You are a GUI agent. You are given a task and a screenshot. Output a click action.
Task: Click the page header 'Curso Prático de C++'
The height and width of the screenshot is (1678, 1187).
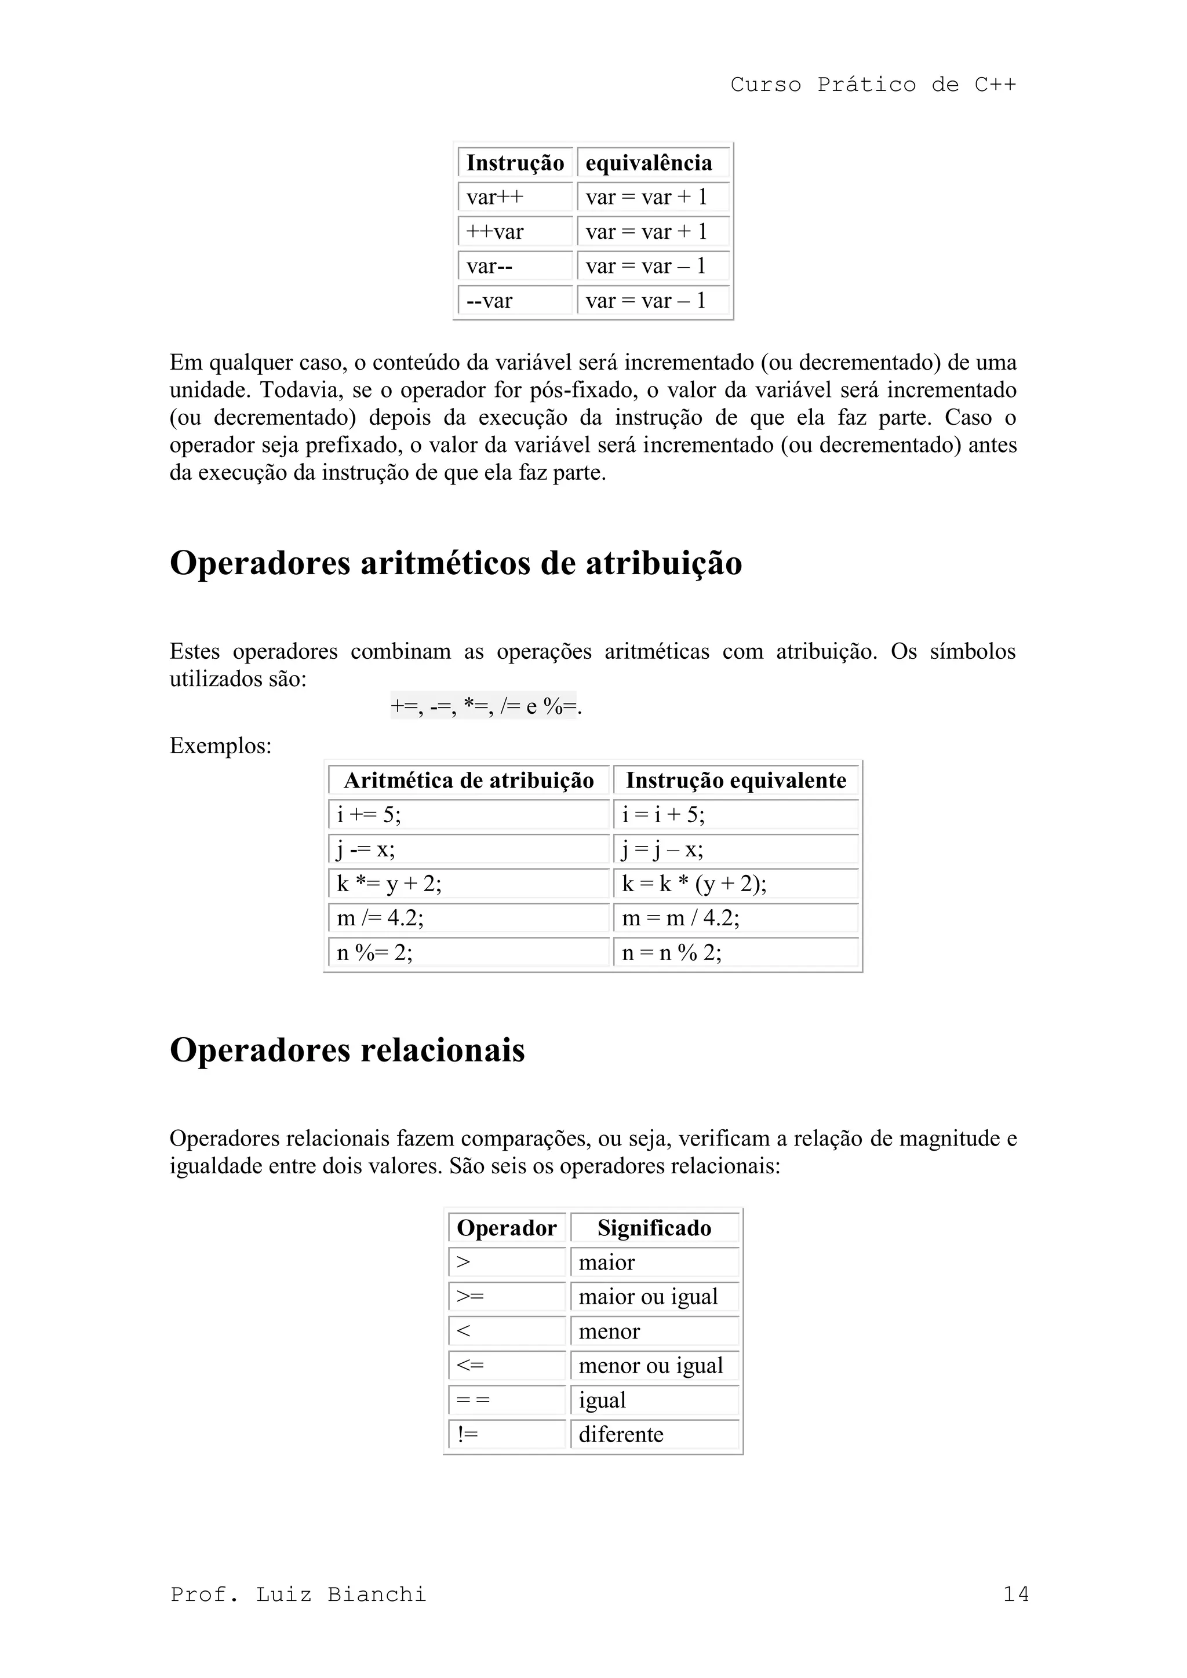(x=873, y=85)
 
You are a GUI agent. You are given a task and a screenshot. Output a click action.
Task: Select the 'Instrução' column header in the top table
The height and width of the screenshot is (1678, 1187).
(x=515, y=162)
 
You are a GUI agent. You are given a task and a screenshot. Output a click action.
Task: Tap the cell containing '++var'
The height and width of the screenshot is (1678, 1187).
(x=515, y=232)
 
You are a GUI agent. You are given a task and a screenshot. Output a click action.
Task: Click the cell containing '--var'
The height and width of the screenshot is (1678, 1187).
(x=515, y=300)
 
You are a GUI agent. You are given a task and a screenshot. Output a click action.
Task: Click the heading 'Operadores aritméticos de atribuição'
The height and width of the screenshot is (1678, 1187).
(x=456, y=563)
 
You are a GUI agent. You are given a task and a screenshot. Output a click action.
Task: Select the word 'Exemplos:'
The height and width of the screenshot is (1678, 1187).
(x=220, y=746)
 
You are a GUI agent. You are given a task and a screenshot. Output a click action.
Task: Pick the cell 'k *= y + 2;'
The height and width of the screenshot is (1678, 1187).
(x=468, y=884)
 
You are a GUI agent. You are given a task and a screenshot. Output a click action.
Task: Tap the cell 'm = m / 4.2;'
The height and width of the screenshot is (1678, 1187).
(x=735, y=918)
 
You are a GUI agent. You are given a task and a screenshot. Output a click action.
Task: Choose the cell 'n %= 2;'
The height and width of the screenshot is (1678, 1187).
(x=468, y=953)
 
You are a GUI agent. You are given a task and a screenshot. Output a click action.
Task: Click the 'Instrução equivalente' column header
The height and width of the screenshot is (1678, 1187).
(x=735, y=780)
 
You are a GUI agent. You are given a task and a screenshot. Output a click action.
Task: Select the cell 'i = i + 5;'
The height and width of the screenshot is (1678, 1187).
(x=735, y=815)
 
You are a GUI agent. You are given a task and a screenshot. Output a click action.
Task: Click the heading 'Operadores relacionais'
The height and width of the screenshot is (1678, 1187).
(x=347, y=1050)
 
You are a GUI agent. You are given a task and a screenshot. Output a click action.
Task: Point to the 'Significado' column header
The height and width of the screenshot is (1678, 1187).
(x=654, y=1228)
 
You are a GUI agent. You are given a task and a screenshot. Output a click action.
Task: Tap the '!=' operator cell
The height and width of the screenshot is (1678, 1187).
(x=507, y=1434)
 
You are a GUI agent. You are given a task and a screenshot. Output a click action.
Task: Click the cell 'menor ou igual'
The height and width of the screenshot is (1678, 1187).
(x=654, y=1365)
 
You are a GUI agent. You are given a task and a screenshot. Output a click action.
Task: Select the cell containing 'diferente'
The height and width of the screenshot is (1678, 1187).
(x=654, y=1434)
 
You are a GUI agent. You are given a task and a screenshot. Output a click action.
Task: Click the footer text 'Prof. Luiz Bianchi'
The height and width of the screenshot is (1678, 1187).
(x=298, y=1594)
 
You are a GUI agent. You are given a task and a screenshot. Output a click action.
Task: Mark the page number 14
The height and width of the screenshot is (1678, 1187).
(x=1016, y=1594)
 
